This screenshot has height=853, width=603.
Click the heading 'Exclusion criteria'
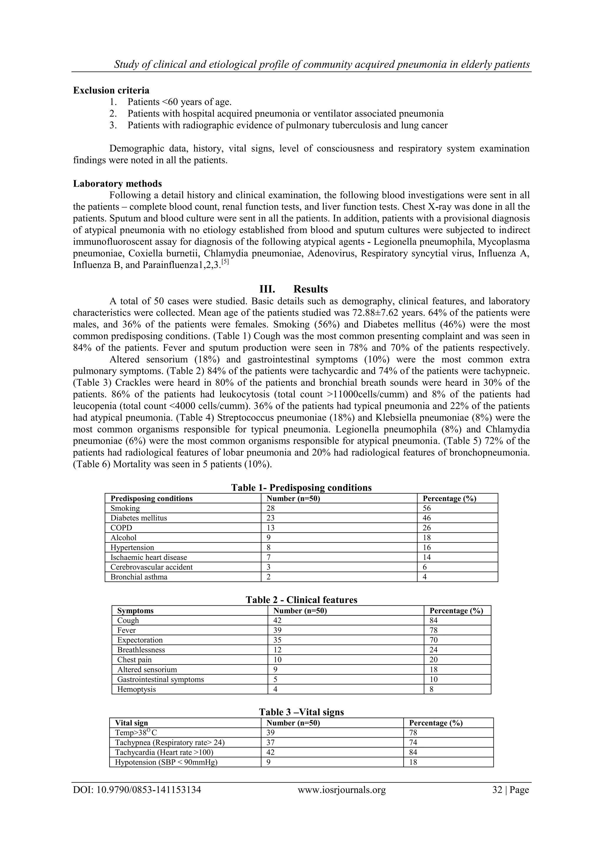pos(111,90)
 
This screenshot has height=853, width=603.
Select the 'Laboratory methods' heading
pos(117,183)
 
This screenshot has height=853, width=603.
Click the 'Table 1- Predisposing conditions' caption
pos(301,487)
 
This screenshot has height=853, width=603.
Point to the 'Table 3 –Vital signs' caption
pos(301,712)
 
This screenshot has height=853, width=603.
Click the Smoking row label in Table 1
pos(125,508)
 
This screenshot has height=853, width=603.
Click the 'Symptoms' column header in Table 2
pos(135,611)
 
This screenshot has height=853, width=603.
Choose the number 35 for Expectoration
pos(277,640)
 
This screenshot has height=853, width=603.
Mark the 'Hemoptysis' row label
pos(136,690)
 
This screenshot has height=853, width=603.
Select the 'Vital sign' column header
pos(132,723)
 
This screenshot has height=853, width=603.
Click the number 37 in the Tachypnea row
pos(271,743)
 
